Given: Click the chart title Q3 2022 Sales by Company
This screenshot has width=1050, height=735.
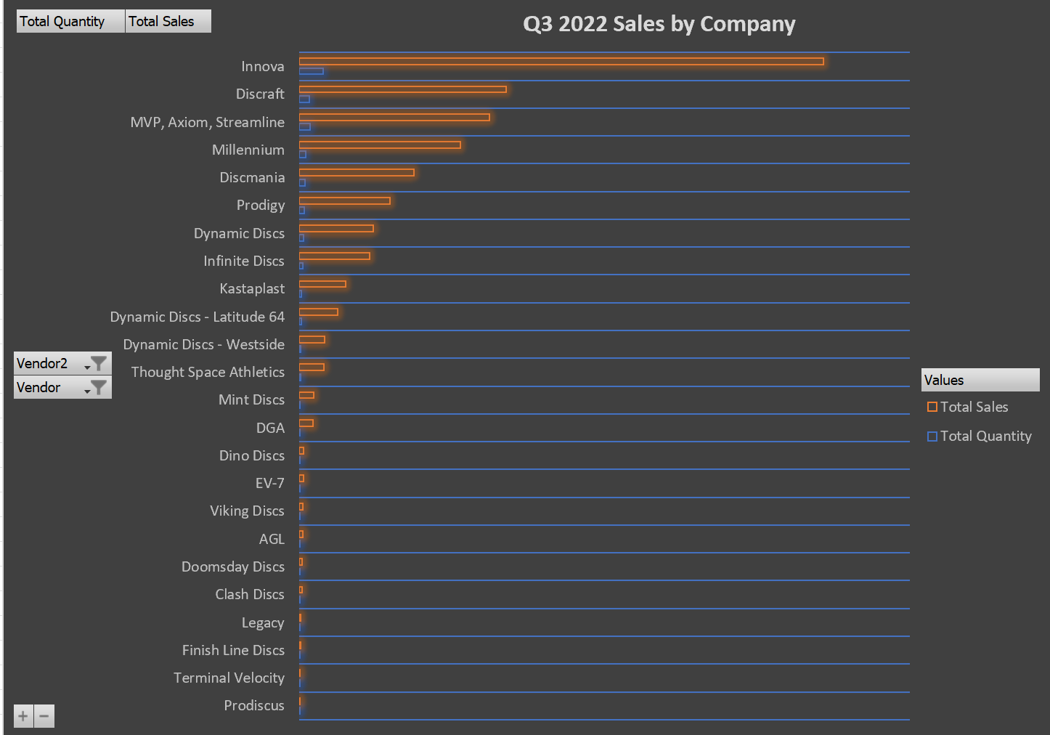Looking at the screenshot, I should coord(659,24).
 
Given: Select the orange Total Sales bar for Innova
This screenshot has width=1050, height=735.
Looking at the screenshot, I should coord(561,62).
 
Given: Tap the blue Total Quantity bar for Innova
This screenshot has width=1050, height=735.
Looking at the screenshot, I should coord(312,71).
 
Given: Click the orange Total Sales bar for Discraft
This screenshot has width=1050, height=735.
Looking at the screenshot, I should coord(402,89).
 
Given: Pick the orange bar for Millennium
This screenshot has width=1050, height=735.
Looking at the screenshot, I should coord(380,145).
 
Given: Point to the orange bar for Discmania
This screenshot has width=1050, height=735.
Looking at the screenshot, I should coord(357,173).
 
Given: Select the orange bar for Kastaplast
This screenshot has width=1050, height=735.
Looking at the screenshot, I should coord(322,284).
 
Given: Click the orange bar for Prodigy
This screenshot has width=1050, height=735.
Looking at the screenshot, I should coord(344,200).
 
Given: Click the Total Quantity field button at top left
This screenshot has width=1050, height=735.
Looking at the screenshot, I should coord(70,21).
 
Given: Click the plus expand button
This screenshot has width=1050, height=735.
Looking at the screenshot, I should coord(23,716).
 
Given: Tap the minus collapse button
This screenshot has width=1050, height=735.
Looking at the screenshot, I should coord(44,716).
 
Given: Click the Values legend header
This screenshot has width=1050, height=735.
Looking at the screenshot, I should coord(980,380).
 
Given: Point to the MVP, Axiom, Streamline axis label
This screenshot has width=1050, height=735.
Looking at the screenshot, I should coord(207,122).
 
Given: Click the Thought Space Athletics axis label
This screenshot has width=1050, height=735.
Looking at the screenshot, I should coord(208,372).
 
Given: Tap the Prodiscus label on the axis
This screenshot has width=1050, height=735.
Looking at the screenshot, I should coord(253,705).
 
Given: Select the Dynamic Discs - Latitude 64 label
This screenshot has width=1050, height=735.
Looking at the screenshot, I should coord(197,317).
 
